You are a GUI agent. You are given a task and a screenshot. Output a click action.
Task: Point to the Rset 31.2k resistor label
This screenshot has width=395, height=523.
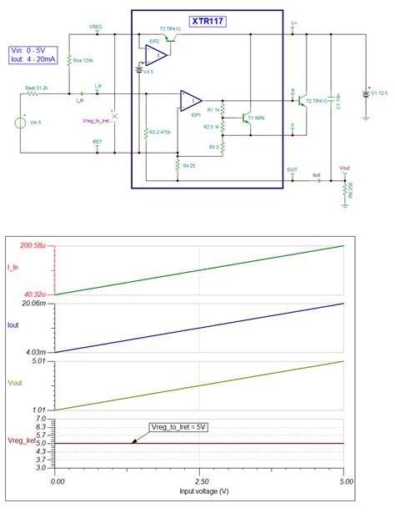(x=36, y=87)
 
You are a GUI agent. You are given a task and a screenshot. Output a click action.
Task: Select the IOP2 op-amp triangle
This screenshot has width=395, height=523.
(x=155, y=54)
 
